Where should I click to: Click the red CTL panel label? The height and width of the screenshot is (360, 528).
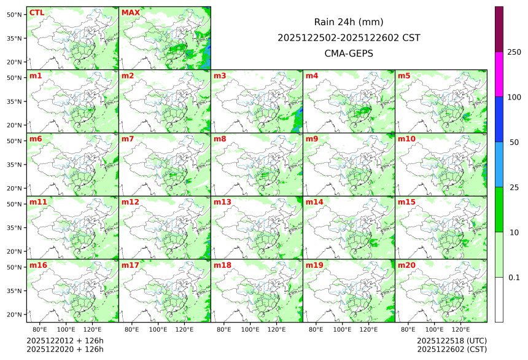pyautogui.click(x=37, y=12)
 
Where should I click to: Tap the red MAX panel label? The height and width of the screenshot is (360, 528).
pyautogui.click(x=130, y=12)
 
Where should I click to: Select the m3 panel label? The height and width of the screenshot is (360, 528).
pyautogui.click(x=220, y=76)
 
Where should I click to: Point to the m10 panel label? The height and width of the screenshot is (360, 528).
pyautogui.click(x=406, y=139)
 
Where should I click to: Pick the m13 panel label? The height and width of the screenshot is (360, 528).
pyautogui.click(x=222, y=202)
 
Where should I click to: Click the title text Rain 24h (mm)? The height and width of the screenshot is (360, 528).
pyautogui.click(x=349, y=22)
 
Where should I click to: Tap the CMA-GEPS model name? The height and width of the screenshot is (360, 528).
pyautogui.click(x=349, y=53)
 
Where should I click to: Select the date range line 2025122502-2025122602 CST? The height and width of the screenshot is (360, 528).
pyautogui.click(x=349, y=37)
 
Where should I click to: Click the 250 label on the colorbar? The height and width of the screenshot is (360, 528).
pyautogui.click(x=514, y=52)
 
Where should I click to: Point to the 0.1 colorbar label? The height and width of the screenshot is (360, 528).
pyautogui.click(x=514, y=277)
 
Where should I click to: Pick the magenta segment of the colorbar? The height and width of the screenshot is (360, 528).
pyautogui.click(x=499, y=74)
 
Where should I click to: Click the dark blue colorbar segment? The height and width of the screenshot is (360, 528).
pyautogui.click(x=499, y=119)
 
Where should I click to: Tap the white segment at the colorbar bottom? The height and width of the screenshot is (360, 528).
pyautogui.click(x=499, y=299)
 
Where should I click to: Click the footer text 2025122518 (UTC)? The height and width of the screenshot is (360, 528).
pyautogui.click(x=452, y=341)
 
